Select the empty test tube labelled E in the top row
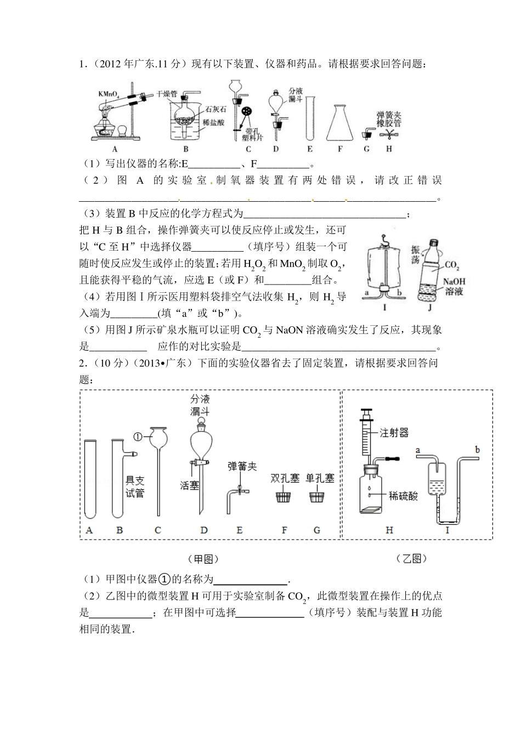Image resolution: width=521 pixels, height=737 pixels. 311,117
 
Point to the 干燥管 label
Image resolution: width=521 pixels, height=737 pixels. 166,94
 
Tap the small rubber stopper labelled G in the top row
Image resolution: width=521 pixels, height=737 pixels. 366,134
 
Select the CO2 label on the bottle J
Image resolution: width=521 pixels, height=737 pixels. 452,265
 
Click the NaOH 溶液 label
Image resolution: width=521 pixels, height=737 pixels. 454,286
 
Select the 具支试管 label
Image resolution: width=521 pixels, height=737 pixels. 135,486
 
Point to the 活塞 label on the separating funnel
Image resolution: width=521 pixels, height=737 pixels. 189,486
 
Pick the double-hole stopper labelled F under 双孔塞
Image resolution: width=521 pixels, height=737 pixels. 284,498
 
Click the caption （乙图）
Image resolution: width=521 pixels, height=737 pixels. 411,559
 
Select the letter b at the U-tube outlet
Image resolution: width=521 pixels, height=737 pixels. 477,450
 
